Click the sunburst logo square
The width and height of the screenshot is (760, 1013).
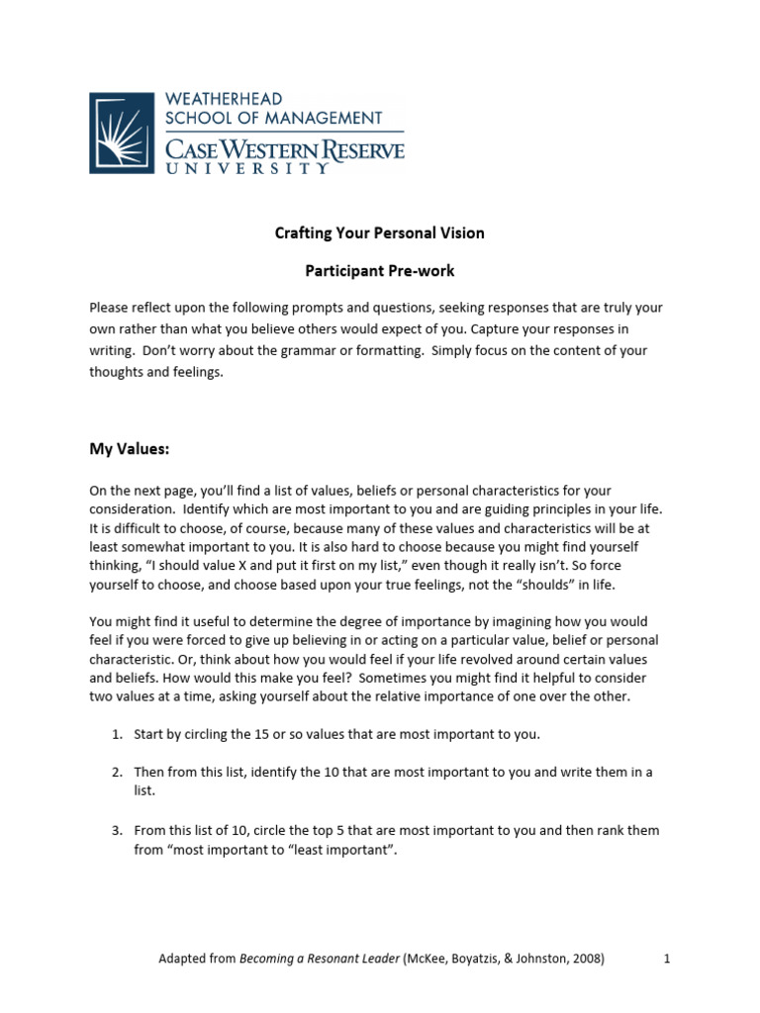click(122, 134)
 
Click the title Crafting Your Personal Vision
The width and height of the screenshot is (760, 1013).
click(379, 233)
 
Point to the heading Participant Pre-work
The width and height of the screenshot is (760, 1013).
click(379, 270)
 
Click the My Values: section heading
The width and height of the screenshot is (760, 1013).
click(130, 449)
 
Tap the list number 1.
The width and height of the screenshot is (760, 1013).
click(115, 734)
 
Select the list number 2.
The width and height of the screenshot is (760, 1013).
click(115, 773)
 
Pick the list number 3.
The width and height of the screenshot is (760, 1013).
click(115, 830)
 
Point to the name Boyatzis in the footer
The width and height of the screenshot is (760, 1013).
click(476, 959)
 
